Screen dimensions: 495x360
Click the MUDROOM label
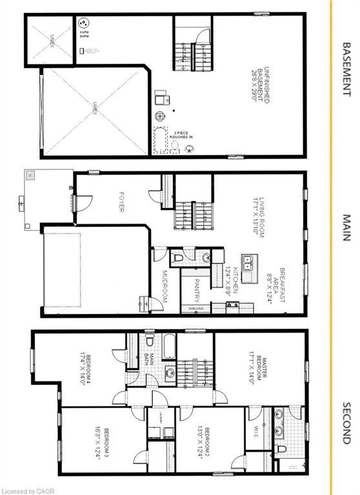pos(164,289)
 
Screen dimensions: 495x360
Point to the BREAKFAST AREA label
pos(281,287)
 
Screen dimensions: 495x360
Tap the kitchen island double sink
pos(250,262)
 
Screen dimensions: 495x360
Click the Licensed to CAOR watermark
pos(30,489)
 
